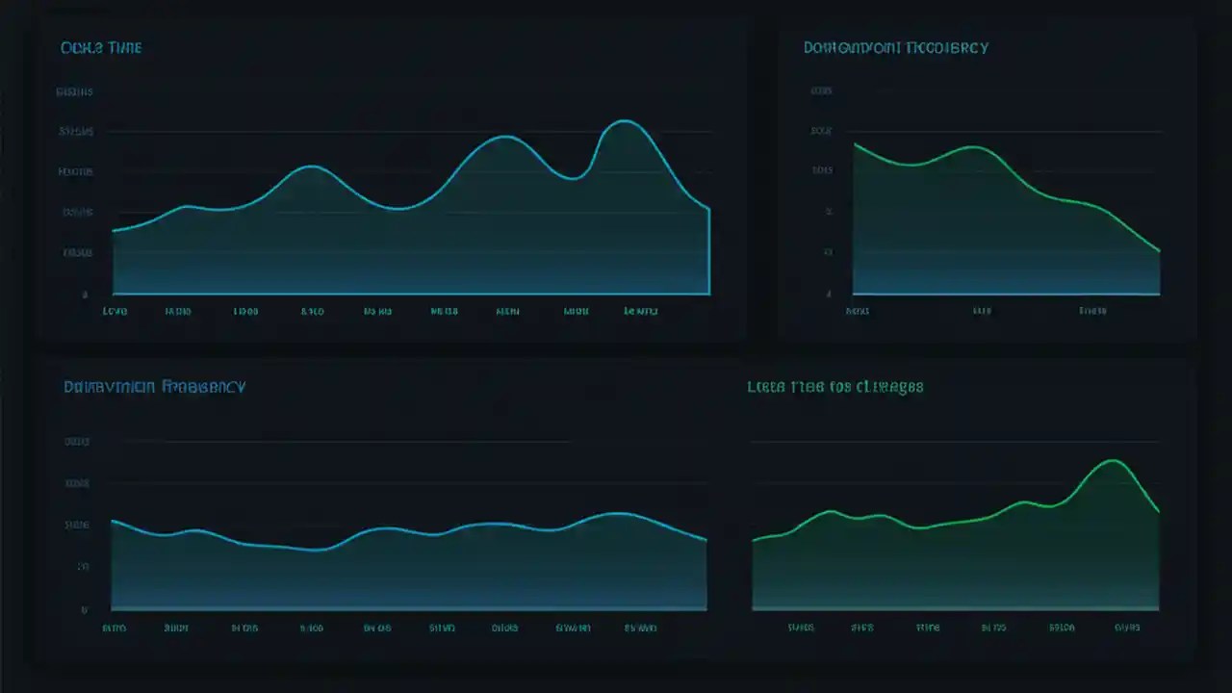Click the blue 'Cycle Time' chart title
coord(101,47)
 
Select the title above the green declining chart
coord(895,47)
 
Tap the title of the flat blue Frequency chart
coord(154,386)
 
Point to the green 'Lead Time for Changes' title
coord(835,386)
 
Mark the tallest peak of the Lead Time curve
coord(1114,460)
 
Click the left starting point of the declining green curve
coord(855,144)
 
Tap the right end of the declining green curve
coord(1160,251)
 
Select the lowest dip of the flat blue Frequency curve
coord(320,550)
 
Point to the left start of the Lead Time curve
coord(753,540)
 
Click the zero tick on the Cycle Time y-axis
coord(85,295)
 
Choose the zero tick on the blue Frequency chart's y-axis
coord(85,609)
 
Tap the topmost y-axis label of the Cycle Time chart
coord(75,92)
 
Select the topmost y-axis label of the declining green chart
coord(821,91)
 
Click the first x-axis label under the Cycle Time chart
coord(115,312)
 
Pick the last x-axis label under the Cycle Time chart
coord(641,312)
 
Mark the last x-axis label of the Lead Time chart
coord(1127,628)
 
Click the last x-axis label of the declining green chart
coord(1092,312)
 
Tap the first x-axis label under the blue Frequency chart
coord(114,628)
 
